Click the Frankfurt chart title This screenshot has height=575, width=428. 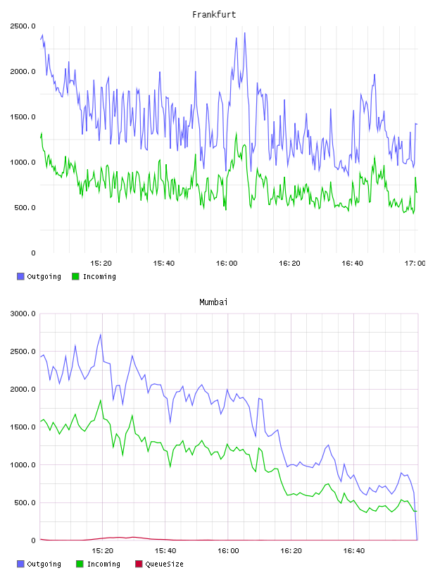point(214,15)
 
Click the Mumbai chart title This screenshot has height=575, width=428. point(213,302)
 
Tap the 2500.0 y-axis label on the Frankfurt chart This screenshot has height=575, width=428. point(23,26)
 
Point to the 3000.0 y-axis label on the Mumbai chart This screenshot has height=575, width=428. point(23,314)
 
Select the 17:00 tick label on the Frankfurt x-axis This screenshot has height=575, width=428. point(415,264)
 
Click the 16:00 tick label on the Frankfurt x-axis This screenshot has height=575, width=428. point(227,264)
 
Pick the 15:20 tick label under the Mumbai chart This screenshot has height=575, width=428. point(102,551)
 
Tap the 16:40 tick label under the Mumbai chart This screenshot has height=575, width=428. point(353,551)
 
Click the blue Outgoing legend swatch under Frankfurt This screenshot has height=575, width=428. point(20,276)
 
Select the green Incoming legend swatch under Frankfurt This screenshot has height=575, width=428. point(75,276)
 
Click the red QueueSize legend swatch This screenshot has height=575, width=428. point(139,564)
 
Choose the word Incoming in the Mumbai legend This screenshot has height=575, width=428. point(103,564)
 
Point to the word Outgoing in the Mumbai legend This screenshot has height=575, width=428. point(44,564)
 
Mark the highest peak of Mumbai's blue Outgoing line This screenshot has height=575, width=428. point(101,335)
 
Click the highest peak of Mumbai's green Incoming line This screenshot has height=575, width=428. point(101,400)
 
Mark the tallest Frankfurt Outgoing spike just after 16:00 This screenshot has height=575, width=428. point(245,33)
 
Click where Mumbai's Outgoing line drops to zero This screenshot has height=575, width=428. point(417,540)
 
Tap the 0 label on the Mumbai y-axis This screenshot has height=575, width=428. point(33,540)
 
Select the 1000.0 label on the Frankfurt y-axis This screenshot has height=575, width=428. point(23,162)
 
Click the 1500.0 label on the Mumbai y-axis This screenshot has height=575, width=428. point(23,427)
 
